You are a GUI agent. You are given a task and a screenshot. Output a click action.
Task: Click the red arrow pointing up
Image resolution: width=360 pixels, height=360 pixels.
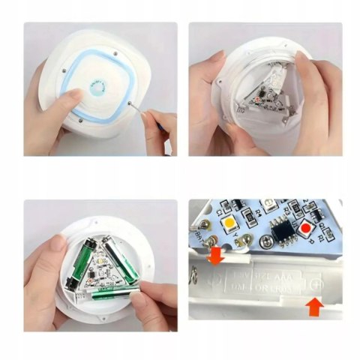coord(316,305)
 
